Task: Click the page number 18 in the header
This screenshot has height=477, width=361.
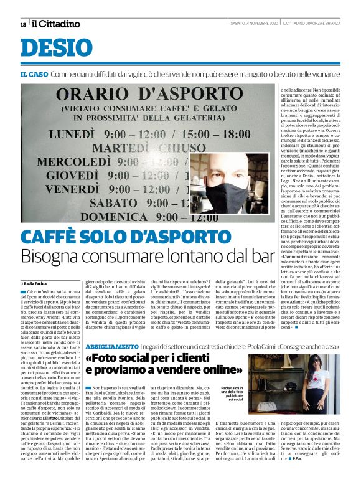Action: click(23, 24)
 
